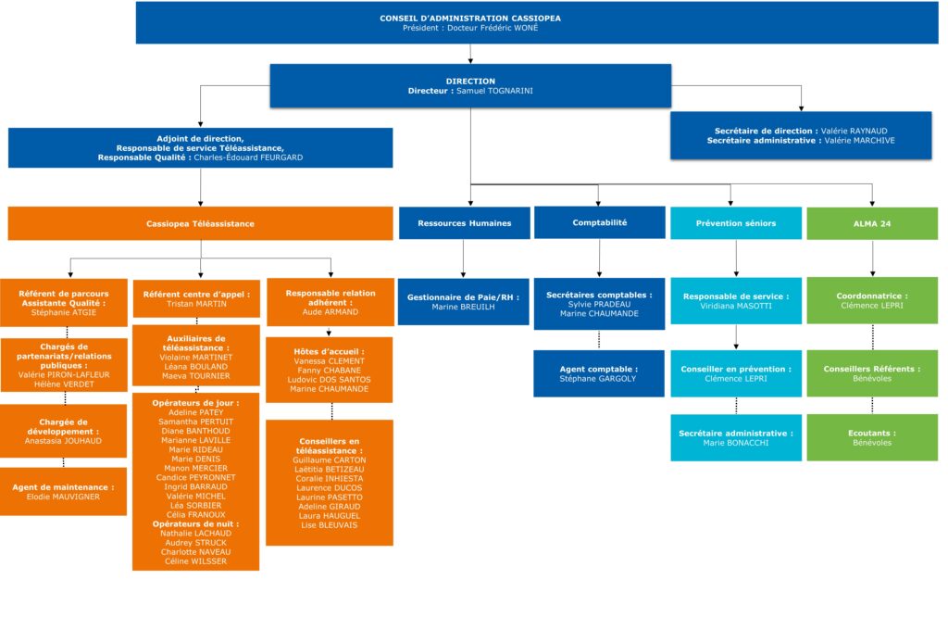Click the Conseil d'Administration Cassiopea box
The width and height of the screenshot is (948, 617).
pos(469,23)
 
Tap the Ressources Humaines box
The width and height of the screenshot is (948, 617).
pos(466,223)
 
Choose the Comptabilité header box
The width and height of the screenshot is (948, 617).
pos(599,222)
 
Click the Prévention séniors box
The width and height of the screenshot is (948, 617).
pos(735,223)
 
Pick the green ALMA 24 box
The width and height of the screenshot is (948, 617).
pos(871,223)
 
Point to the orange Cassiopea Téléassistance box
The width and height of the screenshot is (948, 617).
pos(200,223)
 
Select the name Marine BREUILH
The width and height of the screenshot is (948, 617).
pos(466,307)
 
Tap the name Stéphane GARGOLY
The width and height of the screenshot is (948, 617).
pos(599,378)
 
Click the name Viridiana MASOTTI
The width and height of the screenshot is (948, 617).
pos(735,306)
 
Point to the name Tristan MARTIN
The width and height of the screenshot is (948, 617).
pos(195,304)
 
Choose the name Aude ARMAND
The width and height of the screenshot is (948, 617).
pos(331,312)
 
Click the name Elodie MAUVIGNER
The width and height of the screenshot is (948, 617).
pos(64,497)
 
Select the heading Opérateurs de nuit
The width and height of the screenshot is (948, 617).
pos(195,524)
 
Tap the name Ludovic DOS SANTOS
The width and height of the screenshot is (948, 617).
pos(329,380)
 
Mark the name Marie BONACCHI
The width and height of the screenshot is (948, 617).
pos(735,442)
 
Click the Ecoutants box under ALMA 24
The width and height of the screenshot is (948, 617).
pos(871,437)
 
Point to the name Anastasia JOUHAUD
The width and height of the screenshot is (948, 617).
pos(64,441)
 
